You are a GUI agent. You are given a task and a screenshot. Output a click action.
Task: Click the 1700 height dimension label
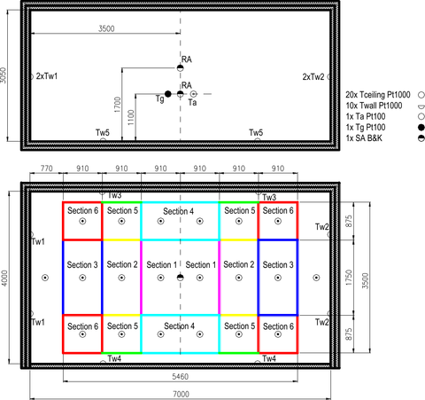click(x=118, y=105)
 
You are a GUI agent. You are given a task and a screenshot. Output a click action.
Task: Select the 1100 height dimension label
click(x=131, y=117)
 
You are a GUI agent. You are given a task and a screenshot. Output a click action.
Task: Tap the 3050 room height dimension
click(x=3, y=75)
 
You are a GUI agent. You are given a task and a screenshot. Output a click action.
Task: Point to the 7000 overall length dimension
click(x=181, y=394)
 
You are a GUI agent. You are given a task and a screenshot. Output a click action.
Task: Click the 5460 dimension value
click(x=180, y=377)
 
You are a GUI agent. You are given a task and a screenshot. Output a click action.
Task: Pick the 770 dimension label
click(x=47, y=169)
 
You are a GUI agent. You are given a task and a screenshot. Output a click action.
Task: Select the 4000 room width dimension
click(x=4, y=278)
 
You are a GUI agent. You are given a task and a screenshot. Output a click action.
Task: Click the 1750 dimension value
click(x=349, y=278)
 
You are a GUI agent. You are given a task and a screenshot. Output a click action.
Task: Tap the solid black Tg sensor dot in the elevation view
click(x=168, y=94)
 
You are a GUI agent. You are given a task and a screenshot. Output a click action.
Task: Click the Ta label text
click(x=192, y=103)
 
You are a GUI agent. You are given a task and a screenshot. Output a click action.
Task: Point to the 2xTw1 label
click(x=47, y=76)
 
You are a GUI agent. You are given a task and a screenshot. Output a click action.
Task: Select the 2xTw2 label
click(x=313, y=77)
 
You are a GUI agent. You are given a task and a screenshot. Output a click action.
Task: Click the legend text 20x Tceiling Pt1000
click(x=378, y=95)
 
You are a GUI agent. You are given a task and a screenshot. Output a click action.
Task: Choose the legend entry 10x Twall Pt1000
click(x=374, y=106)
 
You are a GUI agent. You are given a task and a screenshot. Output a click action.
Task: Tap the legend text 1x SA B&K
click(x=364, y=138)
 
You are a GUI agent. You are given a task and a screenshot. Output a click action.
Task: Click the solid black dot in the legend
click(x=421, y=128)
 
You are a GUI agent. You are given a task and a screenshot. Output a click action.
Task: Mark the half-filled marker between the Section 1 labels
click(x=180, y=278)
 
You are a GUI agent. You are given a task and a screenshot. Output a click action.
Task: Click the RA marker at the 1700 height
click(x=180, y=68)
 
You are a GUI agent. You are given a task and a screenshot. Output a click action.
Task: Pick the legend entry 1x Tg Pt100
click(x=366, y=128)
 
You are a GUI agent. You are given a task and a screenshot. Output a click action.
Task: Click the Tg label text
click(x=160, y=98)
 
